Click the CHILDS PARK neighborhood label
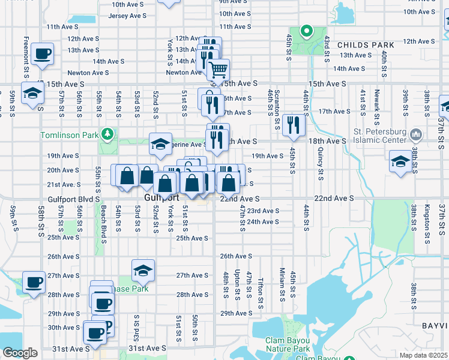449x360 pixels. coord(366,45)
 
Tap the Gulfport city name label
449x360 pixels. coord(162,197)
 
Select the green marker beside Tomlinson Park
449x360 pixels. coord(107,133)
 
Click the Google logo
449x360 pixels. coord(20,353)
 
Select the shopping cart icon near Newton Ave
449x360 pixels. coord(218,69)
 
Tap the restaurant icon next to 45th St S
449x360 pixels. coord(294,124)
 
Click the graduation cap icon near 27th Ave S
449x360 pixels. coord(143,270)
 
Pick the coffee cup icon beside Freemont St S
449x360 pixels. coord(41,55)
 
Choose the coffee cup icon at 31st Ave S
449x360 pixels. coord(94,331)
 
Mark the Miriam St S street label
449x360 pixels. coord(281,286)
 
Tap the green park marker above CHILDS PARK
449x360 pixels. coord(306,31)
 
